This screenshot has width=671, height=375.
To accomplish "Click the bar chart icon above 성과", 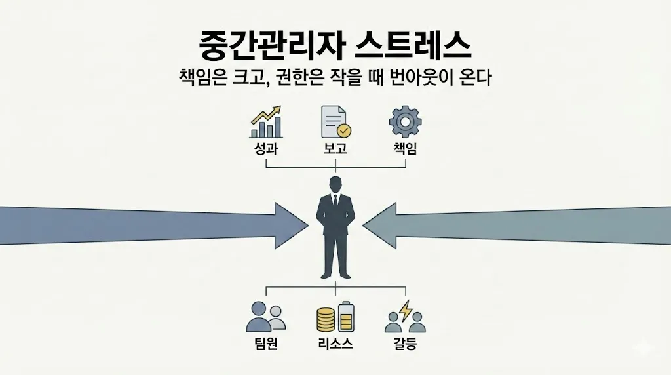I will [266, 122].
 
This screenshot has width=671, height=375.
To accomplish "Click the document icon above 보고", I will [335, 121].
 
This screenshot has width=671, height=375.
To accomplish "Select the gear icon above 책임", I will [405, 121].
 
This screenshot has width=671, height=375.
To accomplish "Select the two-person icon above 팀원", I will [265, 317].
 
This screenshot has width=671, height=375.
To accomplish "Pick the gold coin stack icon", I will [326, 319].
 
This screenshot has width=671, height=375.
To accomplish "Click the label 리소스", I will [335, 344].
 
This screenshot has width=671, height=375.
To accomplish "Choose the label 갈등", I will [405, 344].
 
